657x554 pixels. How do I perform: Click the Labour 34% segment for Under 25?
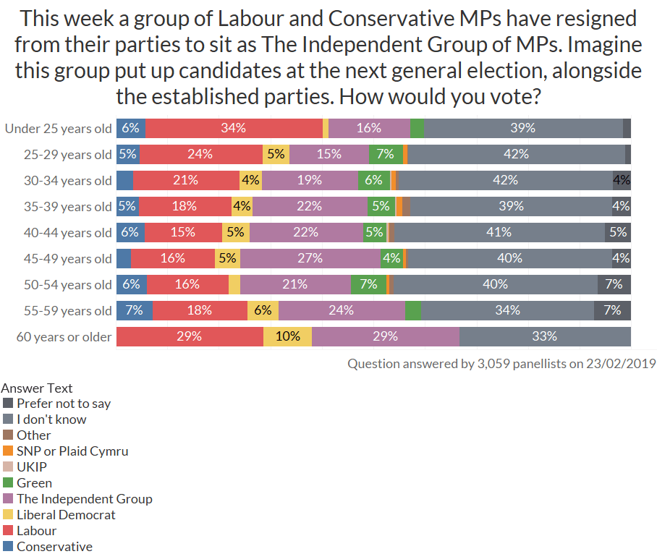(234, 128)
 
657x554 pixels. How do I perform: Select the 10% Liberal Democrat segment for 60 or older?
(287, 336)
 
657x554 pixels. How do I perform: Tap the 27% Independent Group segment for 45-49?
(310, 258)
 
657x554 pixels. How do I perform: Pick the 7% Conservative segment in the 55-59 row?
(135, 310)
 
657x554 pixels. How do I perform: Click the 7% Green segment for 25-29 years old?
(385, 154)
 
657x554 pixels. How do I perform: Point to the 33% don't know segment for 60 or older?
(544, 336)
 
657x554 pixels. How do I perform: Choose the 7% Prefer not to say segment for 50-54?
(614, 284)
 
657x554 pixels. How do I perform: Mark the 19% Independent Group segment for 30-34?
(310, 180)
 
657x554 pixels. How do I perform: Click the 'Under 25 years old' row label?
(59, 129)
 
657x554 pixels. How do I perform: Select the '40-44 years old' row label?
(68, 233)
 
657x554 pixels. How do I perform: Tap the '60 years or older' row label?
(64, 337)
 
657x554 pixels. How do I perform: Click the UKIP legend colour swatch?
(8, 466)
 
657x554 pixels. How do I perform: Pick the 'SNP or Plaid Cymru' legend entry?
(72, 451)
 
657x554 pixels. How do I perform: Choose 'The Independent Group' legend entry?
(85, 498)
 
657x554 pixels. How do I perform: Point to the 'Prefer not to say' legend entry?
(64, 403)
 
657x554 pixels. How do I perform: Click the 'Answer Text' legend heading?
(37, 388)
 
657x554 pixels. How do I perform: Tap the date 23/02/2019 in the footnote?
(624, 363)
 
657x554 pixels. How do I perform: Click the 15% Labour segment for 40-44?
(183, 232)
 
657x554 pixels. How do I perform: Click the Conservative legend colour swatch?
(8, 546)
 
